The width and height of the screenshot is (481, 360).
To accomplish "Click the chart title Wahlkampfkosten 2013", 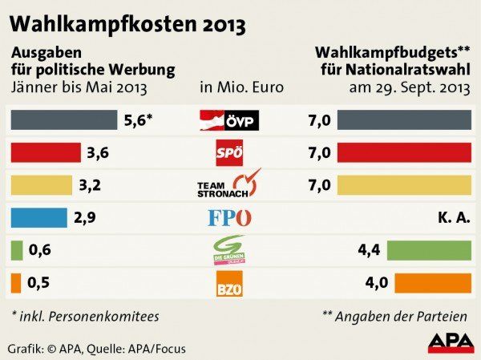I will (127, 22).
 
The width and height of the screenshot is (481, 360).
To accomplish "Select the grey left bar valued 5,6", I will (63, 120).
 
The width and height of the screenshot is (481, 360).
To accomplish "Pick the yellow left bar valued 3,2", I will (41, 185).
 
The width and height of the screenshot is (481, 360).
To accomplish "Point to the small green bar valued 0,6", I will (16, 250).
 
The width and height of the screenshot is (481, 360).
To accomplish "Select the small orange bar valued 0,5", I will (15, 283).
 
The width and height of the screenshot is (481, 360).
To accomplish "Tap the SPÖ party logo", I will (230, 153).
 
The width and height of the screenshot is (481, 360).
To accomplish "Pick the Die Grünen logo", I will (230, 250).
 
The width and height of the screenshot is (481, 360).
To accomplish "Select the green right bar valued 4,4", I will (429, 250).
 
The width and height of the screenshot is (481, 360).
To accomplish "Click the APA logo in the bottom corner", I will (450, 342).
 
